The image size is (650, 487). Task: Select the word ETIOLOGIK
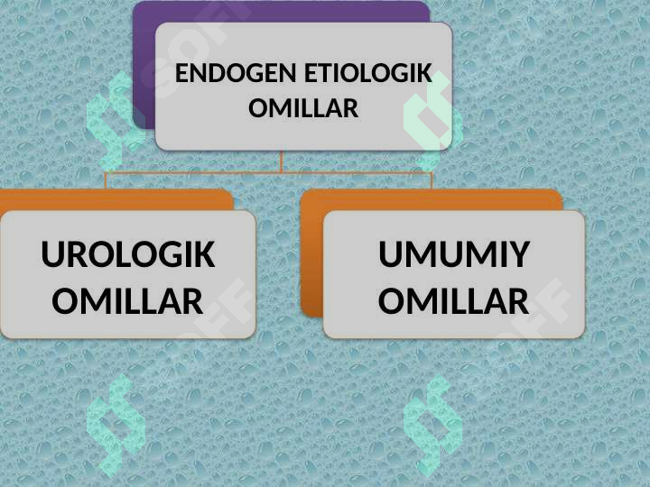(x=368, y=73)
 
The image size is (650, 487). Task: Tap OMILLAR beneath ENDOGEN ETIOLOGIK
(x=303, y=108)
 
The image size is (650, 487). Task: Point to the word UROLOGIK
(x=128, y=253)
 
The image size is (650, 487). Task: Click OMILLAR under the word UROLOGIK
(x=127, y=301)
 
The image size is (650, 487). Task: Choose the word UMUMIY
(x=454, y=253)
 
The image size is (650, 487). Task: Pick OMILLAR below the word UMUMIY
(x=453, y=301)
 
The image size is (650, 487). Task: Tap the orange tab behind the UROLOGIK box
(x=116, y=199)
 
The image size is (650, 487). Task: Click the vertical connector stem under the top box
(x=282, y=161)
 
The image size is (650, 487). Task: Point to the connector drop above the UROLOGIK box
(x=107, y=180)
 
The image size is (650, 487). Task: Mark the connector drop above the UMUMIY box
(x=432, y=180)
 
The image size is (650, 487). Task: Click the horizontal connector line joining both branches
(x=269, y=172)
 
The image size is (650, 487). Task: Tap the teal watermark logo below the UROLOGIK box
(x=116, y=426)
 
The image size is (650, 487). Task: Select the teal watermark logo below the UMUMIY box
(x=432, y=426)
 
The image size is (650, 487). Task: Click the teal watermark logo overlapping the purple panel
(x=116, y=121)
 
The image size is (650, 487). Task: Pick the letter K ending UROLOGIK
(x=204, y=253)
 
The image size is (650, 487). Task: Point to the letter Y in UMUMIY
(x=518, y=253)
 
